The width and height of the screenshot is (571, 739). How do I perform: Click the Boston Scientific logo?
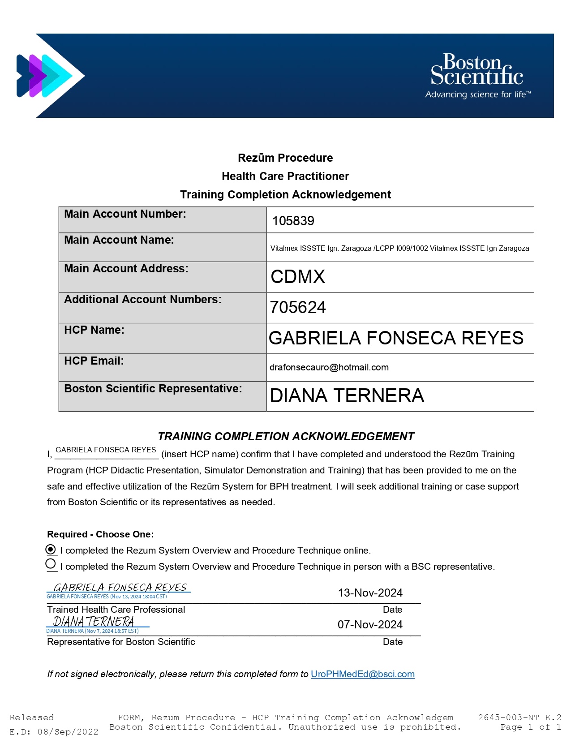click(x=477, y=76)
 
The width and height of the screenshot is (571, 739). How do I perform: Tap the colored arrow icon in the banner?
click(x=45, y=76)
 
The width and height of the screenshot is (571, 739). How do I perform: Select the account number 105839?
click(x=293, y=221)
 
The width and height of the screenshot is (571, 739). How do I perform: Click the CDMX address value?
click(x=298, y=277)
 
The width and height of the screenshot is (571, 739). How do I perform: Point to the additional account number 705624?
click(x=298, y=307)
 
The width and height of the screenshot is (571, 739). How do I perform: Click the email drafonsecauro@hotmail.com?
click(x=329, y=367)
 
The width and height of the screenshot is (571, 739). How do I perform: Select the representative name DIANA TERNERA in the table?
click(x=347, y=395)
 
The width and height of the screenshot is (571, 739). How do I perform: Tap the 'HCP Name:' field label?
click(x=94, y=330)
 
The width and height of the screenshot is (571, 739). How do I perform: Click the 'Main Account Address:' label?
click(x=126, y=269)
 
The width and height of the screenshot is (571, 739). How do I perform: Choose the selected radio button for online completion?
click(x=51, y=550)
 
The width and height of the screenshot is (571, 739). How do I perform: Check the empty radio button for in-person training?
click(x=51, y=564)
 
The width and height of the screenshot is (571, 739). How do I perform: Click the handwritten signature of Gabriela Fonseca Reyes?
click(x=120, y=587)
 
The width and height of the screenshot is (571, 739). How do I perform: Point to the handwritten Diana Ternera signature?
click(x=94, y=622)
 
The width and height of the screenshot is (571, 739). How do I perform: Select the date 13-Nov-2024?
click(x=370, y=593)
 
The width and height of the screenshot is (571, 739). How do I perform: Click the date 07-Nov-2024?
click(x=370, y=624)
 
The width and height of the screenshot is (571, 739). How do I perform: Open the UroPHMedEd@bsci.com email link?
click(x=362, y=674)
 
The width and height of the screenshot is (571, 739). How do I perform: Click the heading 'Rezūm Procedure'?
click(x=285, y=158)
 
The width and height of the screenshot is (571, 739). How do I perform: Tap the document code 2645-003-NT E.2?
click(x=519, y=717)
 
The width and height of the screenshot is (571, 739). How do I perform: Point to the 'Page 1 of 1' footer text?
click(x=530, y=727)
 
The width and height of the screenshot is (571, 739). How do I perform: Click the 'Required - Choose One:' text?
click(x=100, y=534)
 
